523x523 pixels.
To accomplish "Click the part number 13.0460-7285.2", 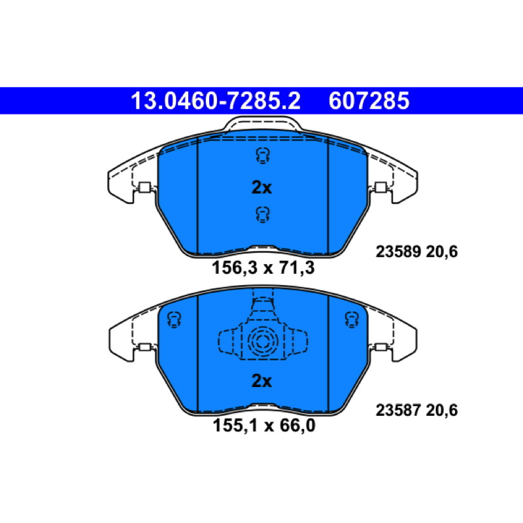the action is [216, 101].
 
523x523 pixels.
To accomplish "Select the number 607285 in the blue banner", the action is [369, 101].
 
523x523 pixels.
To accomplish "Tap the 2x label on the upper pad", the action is [262, 188].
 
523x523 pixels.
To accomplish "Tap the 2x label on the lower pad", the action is [262, 380].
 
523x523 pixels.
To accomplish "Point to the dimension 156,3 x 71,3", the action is [263, 267].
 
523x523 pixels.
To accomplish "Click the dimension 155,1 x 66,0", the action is [264, 426].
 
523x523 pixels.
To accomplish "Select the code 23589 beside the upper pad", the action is [398, 252].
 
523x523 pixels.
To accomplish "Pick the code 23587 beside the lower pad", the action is [398, 410].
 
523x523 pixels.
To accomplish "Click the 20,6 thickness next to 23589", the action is [442, 252].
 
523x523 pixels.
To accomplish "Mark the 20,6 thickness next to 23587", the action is [442, 411].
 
